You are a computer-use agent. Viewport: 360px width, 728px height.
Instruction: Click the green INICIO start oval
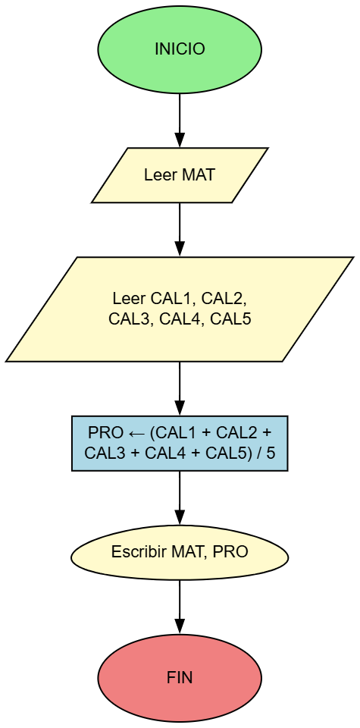[180, 49]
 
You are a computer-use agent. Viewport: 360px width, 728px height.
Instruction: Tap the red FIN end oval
[180, 677]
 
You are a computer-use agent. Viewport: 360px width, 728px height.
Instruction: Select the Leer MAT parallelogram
[180, 175]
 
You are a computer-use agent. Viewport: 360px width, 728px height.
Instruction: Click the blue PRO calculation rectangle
[180, 444]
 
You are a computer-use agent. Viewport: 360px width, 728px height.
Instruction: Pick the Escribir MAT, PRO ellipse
[180, 553]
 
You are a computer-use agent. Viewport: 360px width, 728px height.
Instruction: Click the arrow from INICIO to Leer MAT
[180, 119]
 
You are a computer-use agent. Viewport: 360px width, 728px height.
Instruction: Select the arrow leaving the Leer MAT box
[180, 229]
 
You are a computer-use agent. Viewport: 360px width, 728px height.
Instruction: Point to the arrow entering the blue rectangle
[180, 388]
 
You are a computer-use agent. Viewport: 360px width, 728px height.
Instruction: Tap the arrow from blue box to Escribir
[180, 497]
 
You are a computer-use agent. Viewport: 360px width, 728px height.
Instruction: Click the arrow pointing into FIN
[180, 607]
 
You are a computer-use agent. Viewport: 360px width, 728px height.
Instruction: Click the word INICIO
[180, 49]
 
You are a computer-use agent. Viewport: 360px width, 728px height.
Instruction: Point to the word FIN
[180, 677]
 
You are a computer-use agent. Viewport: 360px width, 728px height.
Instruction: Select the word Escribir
[135, 553]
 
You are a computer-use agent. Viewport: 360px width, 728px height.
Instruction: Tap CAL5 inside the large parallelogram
[230, 319]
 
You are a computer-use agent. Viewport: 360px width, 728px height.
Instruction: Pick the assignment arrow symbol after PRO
[136, 434]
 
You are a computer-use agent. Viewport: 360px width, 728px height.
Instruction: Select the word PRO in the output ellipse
[230, 553]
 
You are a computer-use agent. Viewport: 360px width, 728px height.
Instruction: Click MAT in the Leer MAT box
[199, 175]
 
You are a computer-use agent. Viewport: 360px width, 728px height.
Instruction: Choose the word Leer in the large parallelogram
[126, 297]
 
